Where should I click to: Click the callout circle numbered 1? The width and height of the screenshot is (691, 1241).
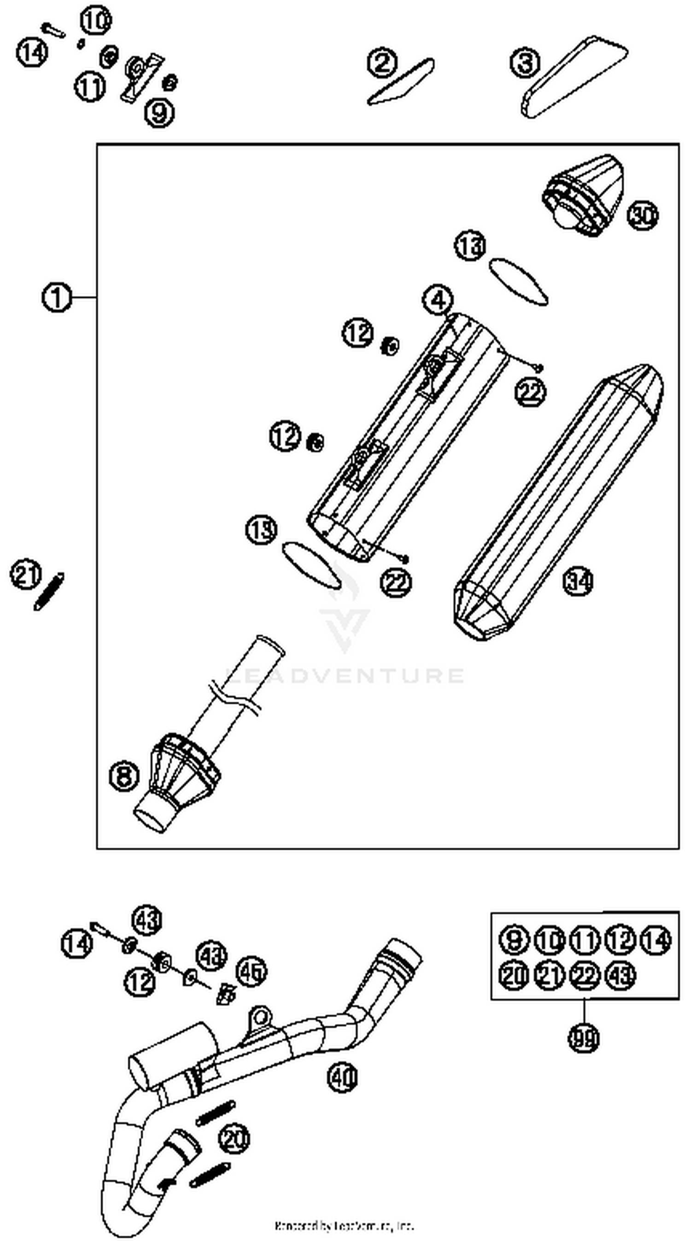(57, 297)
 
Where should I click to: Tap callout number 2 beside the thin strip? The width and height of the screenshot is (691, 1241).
(382, 63)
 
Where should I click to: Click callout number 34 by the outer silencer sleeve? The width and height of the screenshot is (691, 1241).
(578, 581)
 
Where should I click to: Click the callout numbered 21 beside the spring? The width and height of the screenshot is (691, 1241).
(26, 574)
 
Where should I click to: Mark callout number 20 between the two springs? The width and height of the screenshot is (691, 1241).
(234, 1139)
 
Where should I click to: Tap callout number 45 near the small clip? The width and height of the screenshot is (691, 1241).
(251, 972)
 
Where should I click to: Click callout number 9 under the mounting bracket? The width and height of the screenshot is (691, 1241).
(159, 113)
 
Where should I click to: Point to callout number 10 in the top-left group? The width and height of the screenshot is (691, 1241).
(95, 21)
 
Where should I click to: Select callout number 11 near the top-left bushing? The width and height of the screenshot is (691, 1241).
(90, 87)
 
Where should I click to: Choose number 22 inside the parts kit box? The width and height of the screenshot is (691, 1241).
(584, 976)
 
